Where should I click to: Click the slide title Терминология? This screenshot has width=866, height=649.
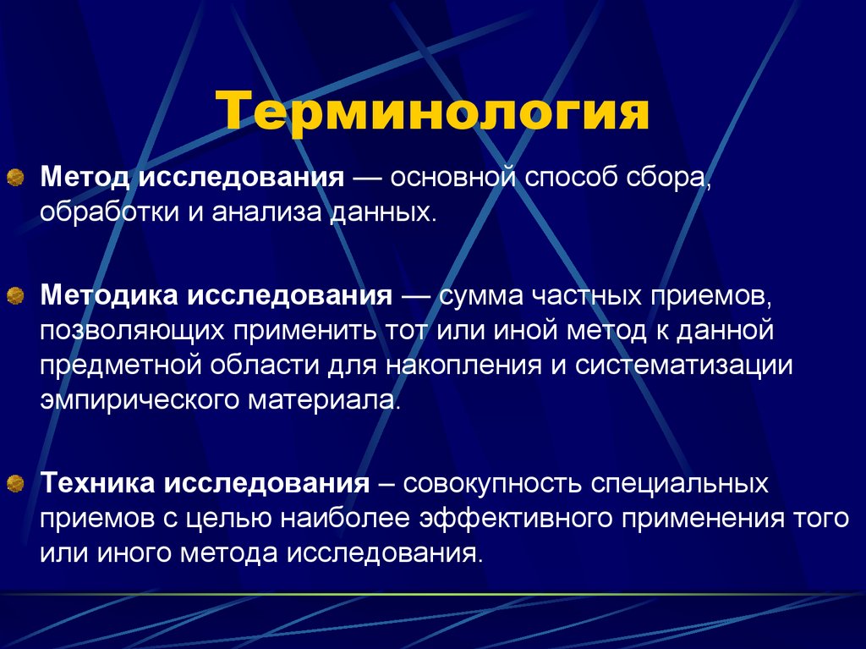[432, 113]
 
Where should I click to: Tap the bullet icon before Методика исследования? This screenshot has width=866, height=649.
[15, 297]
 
